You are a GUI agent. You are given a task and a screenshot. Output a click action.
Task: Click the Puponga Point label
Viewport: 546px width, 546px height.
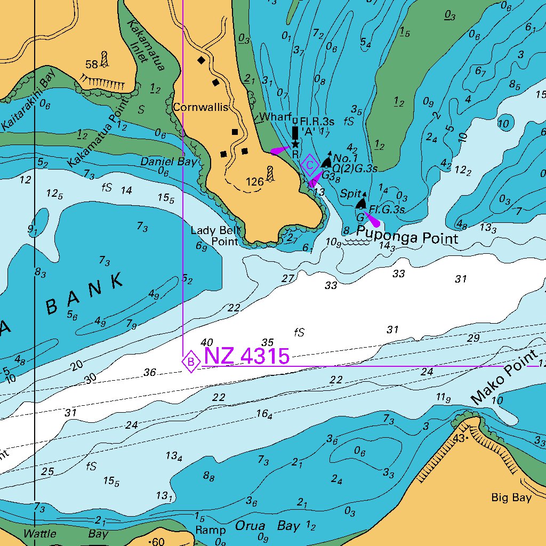click(407, 238)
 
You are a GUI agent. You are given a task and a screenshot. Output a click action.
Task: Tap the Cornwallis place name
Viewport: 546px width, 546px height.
click(200, 108)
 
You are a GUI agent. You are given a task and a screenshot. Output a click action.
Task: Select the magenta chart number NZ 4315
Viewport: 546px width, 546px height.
click(247, 356)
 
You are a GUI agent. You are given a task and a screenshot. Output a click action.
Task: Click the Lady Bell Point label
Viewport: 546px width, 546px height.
click(216, 236)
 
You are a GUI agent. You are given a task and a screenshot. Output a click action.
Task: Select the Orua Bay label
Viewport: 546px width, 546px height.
click(268, 526)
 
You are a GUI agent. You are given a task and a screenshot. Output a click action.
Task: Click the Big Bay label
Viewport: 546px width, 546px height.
click(511, 498)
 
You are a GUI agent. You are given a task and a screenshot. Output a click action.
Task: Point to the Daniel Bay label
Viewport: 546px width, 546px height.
click(168, 161)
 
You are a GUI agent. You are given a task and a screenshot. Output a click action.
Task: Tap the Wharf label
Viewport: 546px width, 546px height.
click(275, 117)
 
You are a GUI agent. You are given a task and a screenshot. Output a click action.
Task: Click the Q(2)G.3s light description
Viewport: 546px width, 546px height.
click(355, 168)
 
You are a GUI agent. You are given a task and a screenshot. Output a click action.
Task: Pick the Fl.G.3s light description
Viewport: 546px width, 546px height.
click(386, 209)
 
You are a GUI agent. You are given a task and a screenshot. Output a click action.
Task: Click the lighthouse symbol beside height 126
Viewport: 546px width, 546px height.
click(270, 174)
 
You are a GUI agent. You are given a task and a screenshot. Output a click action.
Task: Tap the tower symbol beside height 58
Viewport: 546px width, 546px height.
click(104, 59)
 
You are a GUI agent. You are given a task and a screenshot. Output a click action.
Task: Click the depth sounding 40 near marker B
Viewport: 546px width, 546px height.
click(207, 342)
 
